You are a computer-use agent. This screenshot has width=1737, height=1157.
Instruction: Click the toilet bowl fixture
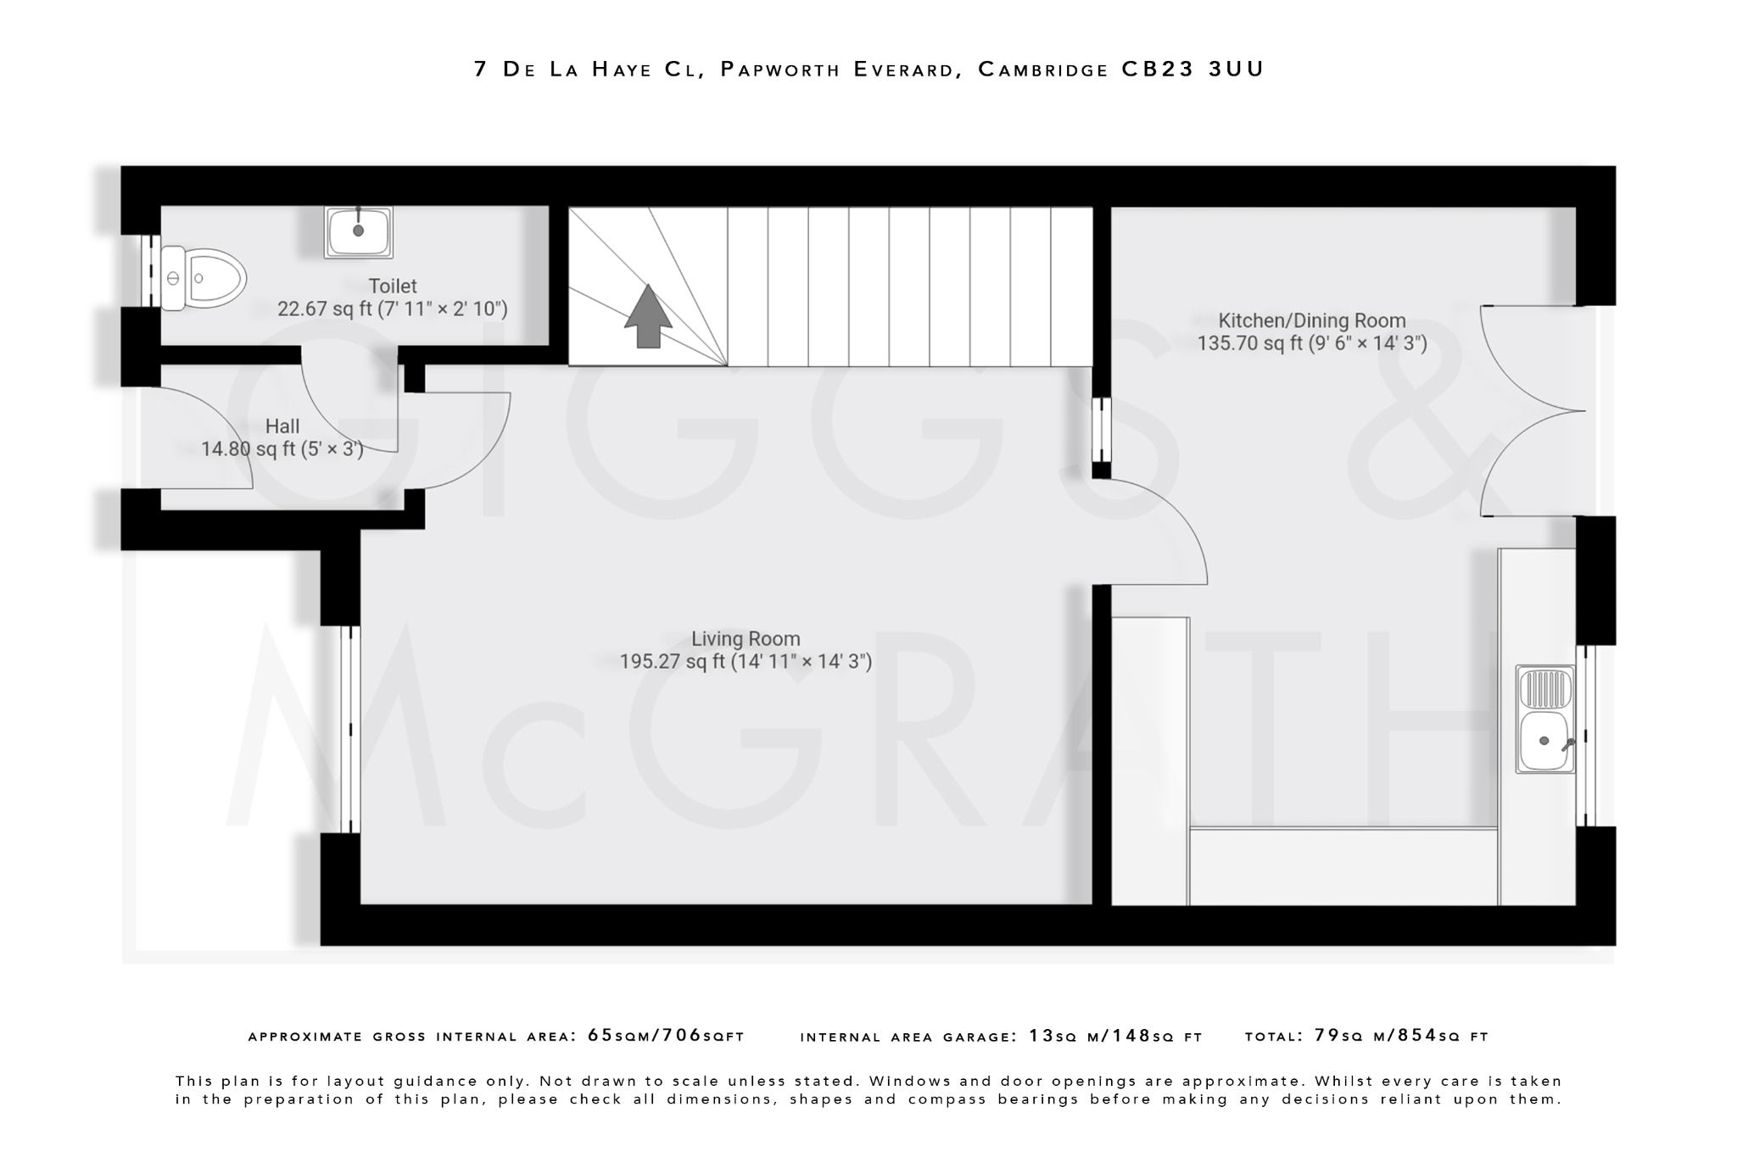pyautogui.click(x=204, y=277)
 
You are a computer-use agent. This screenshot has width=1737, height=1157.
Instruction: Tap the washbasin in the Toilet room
pyautogui.click(x=358, y=231)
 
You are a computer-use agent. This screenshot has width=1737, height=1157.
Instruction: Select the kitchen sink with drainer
pyautogui.click(x=1545, y=720)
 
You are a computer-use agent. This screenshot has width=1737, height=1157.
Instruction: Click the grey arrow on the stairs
pyautogui.click(x=648, y=316)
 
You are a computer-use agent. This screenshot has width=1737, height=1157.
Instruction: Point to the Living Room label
pyautogui.click(x=745, y=639)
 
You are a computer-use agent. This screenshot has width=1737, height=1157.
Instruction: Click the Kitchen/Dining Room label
pyautogui.click(x=1311, y=320)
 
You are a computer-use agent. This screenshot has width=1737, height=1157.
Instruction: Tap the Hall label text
pyautogui.click(x=282, y=426)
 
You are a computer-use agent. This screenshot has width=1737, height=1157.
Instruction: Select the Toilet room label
pyautogui.click(x=392, y=286)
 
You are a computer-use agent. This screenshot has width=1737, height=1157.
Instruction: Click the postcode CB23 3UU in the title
pyautogui.click(x=1192, y=70)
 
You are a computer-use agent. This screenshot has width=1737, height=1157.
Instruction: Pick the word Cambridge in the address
pyautogui.click(x=1042, y=70)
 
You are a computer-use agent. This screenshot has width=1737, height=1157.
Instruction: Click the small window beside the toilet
pyautogui.click(x=151, y=271)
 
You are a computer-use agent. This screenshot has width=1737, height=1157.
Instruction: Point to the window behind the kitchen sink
pyautogui.click(x=1585, y=735)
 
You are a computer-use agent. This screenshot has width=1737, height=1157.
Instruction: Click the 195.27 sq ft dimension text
pyautogui.click(x=745, y=662)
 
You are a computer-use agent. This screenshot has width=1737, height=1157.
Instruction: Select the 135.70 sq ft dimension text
pyautogui.click(x=1311, y=343)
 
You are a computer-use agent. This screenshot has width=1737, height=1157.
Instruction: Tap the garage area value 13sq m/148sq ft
pyautogui.click(x=1115, y=1036)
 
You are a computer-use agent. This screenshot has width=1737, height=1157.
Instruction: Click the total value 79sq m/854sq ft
pyautogui.click(x=1401, y=1036)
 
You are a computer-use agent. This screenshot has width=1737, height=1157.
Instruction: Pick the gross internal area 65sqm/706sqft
pyautogui.click(x=666, y=1036)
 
